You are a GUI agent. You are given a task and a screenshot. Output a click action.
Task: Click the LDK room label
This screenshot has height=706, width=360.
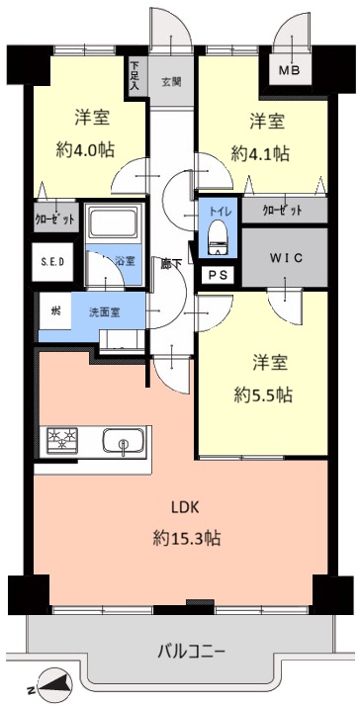[x=186, y=507]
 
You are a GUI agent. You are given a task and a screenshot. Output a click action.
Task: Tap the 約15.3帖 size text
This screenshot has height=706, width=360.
[x=186, y=539]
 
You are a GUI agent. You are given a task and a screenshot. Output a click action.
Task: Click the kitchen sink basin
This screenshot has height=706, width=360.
[x=123, y=441]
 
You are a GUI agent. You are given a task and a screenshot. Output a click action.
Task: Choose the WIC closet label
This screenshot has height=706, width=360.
[x=286, y=258]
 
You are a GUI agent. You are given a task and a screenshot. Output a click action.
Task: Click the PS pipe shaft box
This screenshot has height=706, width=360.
[x=218, y=276]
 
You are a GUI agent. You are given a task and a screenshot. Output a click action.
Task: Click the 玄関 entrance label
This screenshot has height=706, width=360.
[x=172, y=83]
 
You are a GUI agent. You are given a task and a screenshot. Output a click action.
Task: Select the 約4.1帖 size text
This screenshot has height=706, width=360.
[x=260, y=153]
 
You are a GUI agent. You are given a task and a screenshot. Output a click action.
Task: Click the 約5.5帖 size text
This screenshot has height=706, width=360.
[x=263, y=395]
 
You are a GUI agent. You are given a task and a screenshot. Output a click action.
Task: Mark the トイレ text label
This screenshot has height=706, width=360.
[x=219, y=210]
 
